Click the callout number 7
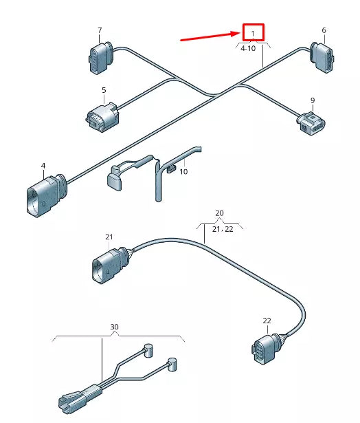(100, 30)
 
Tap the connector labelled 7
(98, 56)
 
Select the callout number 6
(324, 30)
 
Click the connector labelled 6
(323, 56)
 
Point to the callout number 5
(104, 90)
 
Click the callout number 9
(313, 100)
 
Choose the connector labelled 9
(311, 124)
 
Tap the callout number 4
(43, 166)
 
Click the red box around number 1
(253, 32)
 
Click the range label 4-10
(247, 49)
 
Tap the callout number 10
(183, 171)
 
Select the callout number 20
(219, 213)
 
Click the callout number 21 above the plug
(109, 237)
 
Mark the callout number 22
(267, 321)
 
